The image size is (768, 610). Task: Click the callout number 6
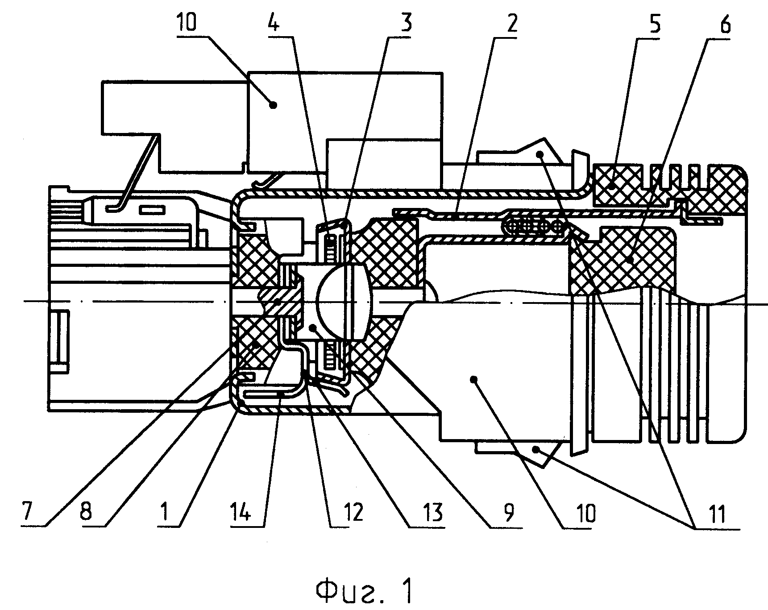tap(725, 23)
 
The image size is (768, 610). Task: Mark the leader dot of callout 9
tap(473, 379)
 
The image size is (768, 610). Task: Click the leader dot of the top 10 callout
tap(274, 104)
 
